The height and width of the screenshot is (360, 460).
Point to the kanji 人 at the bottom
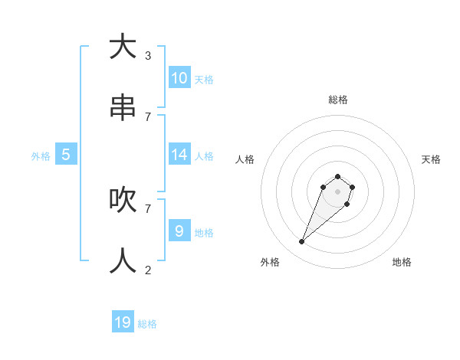coord(123,261)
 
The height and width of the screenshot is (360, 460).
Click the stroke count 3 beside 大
coord(147,55)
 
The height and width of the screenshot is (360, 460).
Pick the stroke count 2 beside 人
coord(147,270)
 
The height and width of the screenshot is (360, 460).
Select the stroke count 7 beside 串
coord(147,116)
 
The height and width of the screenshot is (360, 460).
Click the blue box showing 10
coord(179,78)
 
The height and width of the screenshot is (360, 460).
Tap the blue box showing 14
coord(179,155)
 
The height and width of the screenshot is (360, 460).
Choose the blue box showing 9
coord(179,231)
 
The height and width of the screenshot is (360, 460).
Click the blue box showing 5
coord(66,155)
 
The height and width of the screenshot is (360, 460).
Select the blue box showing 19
coord(123,322)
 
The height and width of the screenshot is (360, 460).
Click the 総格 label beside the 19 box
coord(147,324)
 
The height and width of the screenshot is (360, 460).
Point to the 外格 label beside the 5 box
coord(41,156)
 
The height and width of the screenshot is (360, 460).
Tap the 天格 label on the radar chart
coord(431,159)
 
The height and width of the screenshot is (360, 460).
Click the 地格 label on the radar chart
coord(402,262)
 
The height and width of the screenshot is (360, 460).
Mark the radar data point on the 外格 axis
coord(302,242)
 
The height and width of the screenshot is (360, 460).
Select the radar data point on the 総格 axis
coord(337,177)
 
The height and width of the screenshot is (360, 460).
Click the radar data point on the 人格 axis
coord(324,187)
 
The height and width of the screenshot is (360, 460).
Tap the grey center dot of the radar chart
coord(337,191)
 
